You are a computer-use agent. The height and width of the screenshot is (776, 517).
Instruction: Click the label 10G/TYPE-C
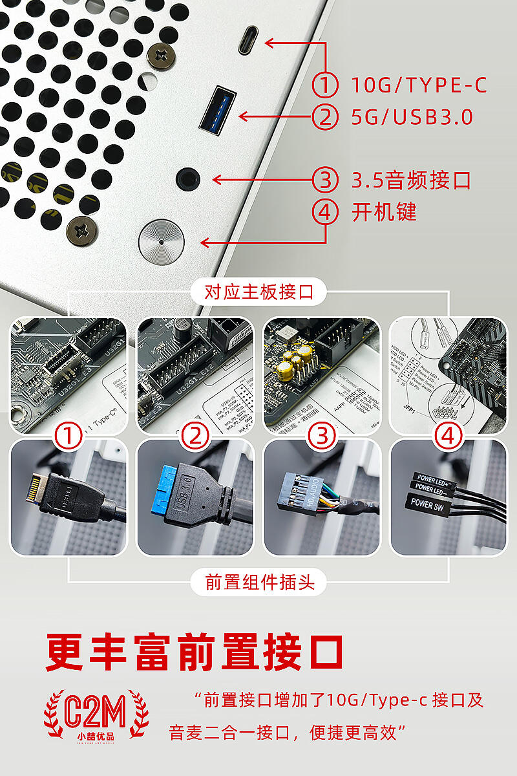[419, 85]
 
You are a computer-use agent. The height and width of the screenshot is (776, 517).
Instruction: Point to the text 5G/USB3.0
[412, 117]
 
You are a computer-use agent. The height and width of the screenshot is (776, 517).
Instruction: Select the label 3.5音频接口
[411, 180]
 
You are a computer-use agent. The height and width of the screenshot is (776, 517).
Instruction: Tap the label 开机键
[384, 212]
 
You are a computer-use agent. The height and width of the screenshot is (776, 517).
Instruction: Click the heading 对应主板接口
[258, 292]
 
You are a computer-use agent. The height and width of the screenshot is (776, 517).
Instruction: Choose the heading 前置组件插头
[258, 582]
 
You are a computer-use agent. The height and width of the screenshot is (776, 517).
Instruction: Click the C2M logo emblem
[96, 715]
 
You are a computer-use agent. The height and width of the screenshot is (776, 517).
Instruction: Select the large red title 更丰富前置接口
[194, 653]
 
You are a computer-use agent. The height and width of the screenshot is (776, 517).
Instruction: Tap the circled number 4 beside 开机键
[325, 212]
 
